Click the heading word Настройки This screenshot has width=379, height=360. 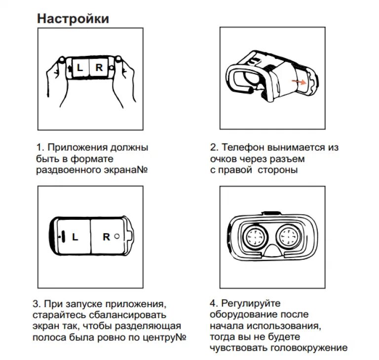[73, 19]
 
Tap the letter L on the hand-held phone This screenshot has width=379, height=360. [80, 68]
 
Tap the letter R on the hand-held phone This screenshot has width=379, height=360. [99, 68]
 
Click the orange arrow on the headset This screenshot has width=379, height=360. [299, 82]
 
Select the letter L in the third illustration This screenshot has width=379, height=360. [75, 237]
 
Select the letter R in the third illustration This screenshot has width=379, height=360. [107, 237]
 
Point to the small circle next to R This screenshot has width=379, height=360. [117, 236]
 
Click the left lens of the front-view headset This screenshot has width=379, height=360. [255, 237]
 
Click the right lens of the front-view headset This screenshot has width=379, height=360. [289, 237]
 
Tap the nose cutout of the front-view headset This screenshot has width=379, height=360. [272, 252]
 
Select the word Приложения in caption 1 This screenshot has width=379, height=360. [77, 148]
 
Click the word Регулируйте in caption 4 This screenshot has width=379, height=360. [251, 303]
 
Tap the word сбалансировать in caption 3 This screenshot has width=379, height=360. [128, 315]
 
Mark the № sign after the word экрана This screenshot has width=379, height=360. [142, 170]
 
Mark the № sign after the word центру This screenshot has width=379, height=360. [181, 337]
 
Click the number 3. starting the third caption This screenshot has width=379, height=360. [37, 304]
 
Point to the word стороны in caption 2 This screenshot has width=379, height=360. [278, 170]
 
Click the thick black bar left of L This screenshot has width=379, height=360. [63, 237]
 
